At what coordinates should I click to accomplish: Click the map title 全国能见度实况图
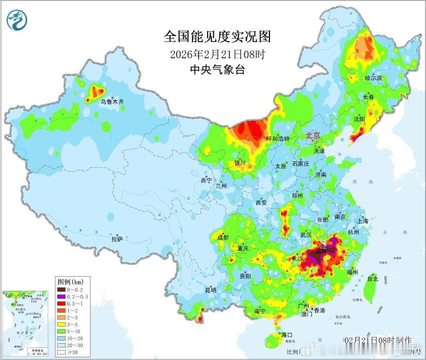217,37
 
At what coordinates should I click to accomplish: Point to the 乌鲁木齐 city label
112,101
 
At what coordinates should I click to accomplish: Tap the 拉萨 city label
117,239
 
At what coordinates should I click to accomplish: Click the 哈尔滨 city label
373,78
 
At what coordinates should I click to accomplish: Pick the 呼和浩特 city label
277,138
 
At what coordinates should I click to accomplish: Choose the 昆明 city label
210,290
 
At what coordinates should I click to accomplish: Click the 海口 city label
287,334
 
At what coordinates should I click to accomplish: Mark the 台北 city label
373,278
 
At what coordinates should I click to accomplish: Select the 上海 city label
362,221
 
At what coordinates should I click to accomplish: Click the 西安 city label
261,203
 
